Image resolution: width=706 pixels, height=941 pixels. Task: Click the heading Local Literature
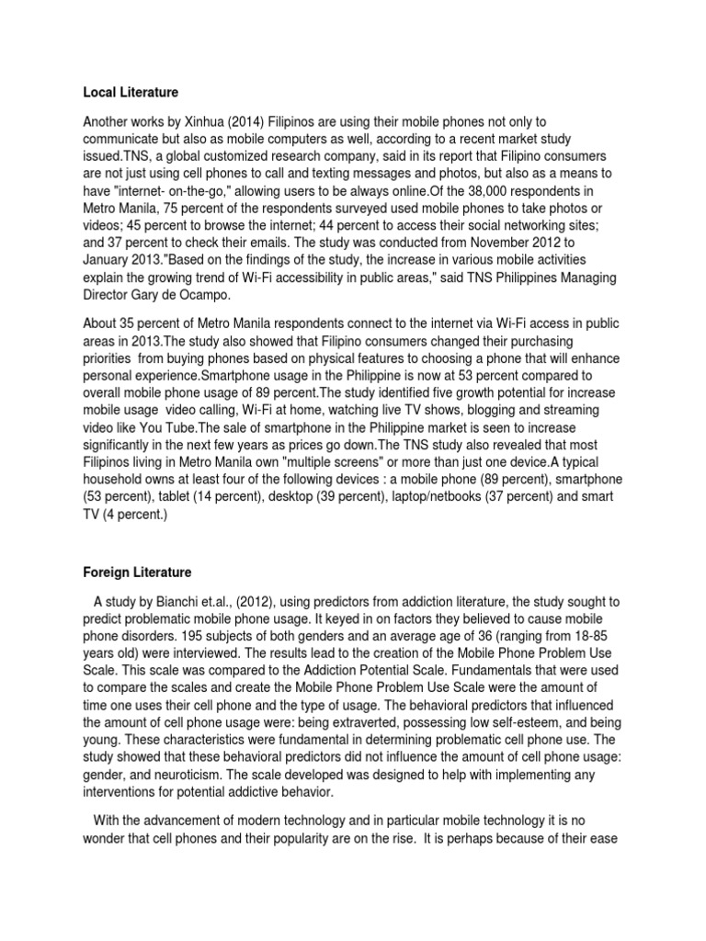[131, 92]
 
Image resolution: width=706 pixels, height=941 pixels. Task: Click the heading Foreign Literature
[137, 573]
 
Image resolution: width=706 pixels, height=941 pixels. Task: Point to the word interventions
[124, 794]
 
